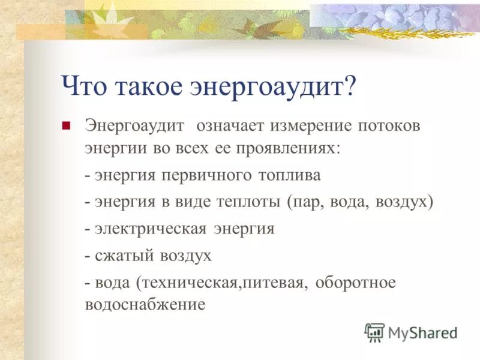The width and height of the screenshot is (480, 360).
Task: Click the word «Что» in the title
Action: point(83,87)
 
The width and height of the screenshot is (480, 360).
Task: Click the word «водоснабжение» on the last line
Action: point(145,304)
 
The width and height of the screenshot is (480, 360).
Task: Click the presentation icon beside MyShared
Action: point(374,332)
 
